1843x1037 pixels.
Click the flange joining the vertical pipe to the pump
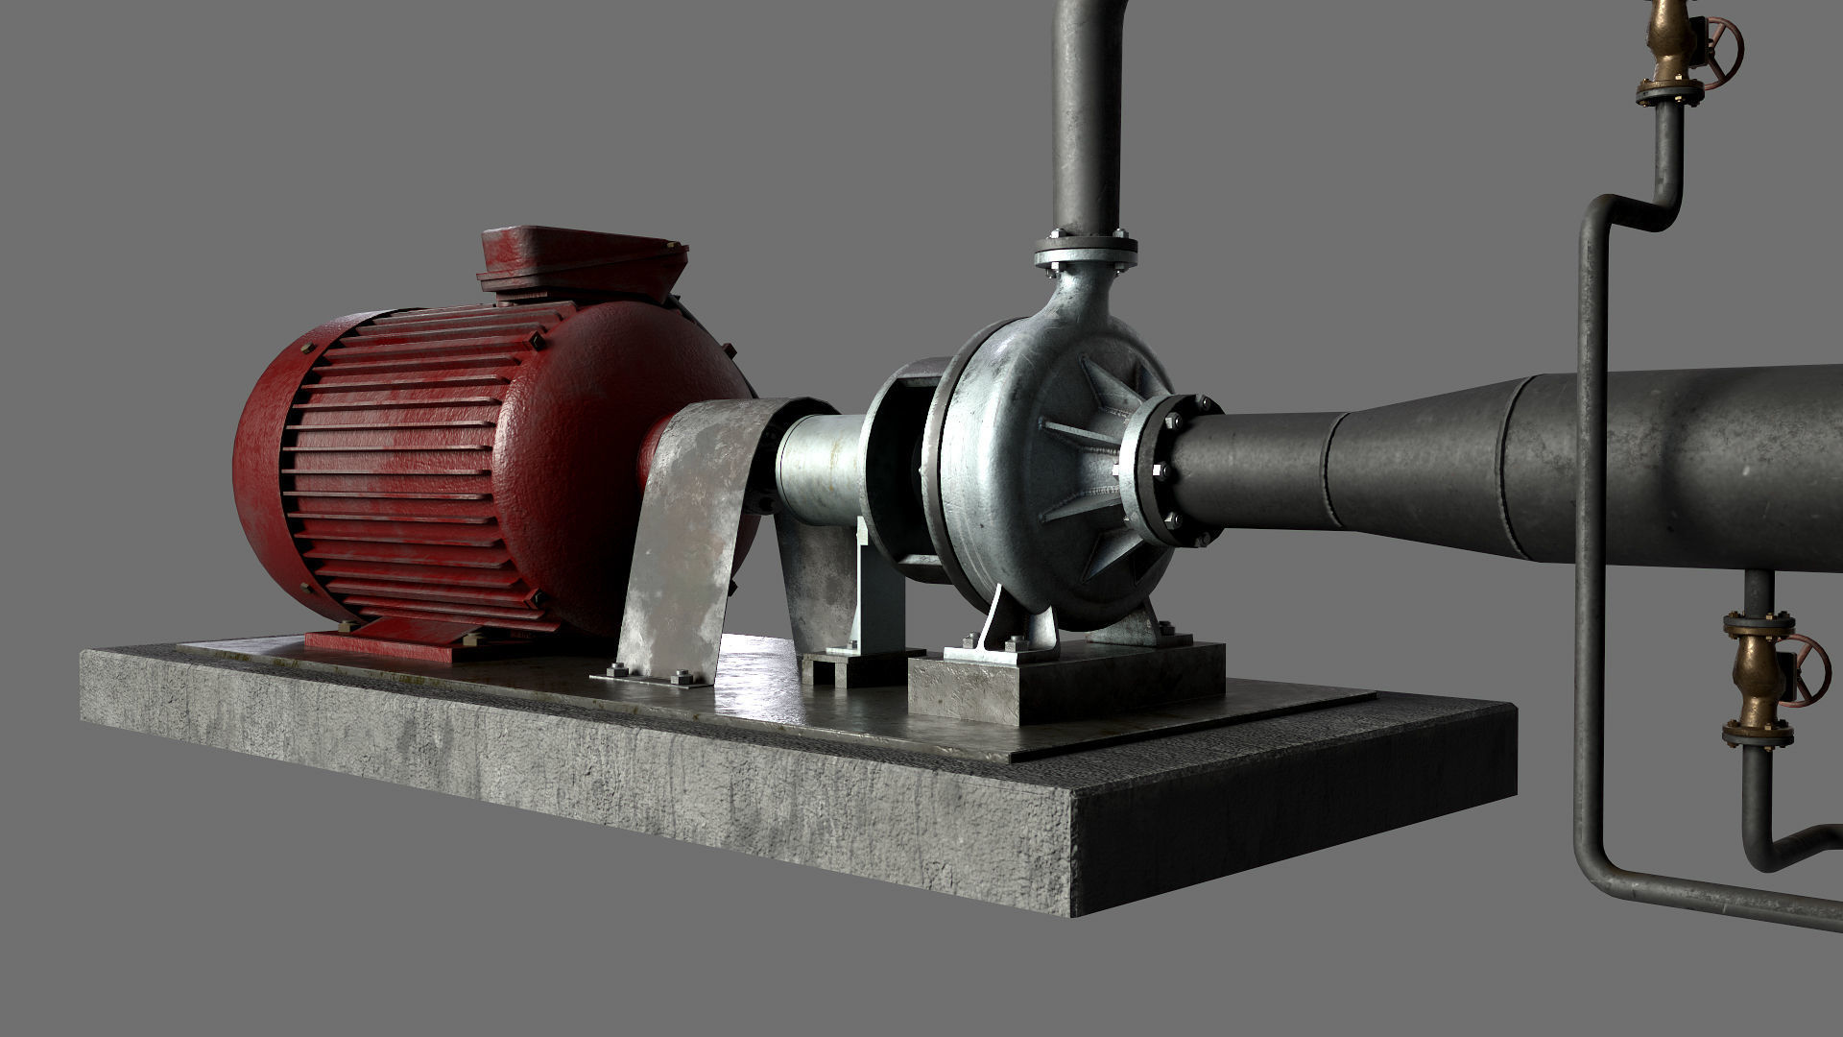[1086, 252]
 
